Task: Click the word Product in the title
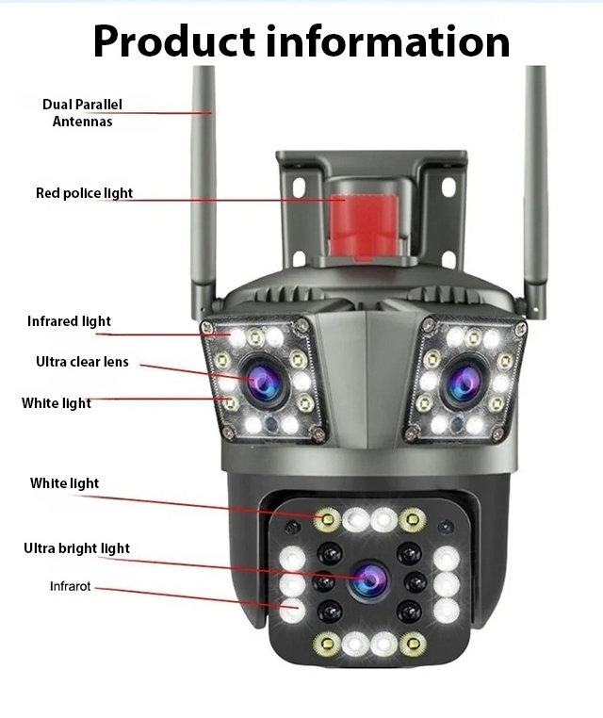tap(173, 41)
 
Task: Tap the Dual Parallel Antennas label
tap(82, 112)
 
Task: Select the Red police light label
tap(84, 193)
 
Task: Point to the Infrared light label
tap(69, 321)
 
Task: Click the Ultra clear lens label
tap(82, 362)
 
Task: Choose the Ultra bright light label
tap(76, 548)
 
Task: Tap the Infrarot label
tap(70, 586)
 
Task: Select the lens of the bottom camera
tap(369, 578)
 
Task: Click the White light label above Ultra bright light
tap(64, 483)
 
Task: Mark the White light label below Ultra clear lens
tap(57, 403)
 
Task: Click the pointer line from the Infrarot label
tap(188, 596)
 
